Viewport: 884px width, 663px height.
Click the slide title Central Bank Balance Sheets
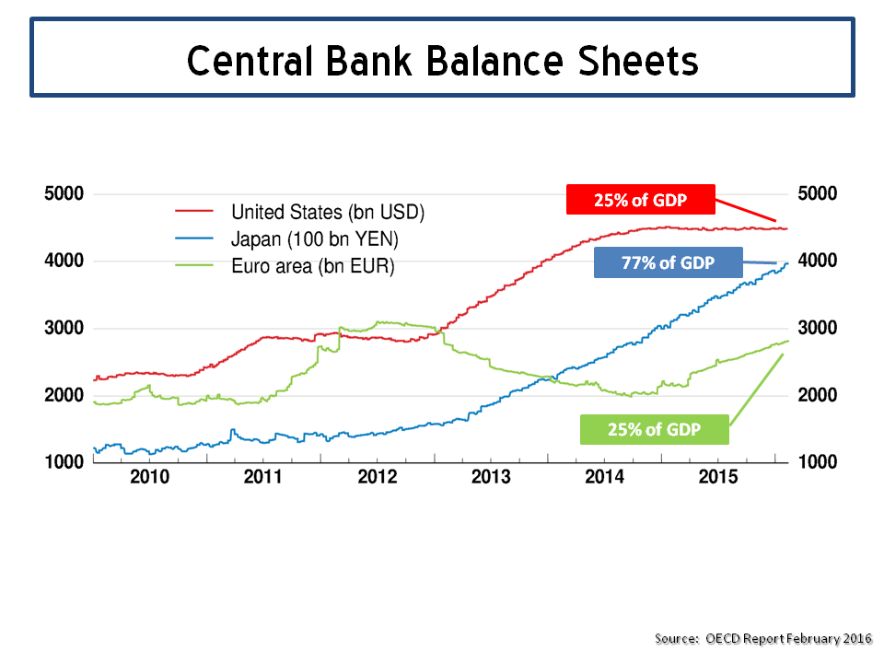pyautogui.click(x=442, y=60)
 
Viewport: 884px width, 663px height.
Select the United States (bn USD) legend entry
pyautogui.click(x=327, y=212)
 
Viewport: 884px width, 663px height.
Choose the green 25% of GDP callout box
pyautogui.click(x=654, y=430)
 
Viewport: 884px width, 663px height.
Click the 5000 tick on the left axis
pyautogui.click(x=64, y=194)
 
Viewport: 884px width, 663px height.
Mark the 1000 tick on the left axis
pyautogui.click(x=64, y=462)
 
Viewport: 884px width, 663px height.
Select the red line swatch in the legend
pyautogui.click(x=194, y=211)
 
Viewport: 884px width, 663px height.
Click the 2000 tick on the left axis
pyautogui.click(x=64, y=396)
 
